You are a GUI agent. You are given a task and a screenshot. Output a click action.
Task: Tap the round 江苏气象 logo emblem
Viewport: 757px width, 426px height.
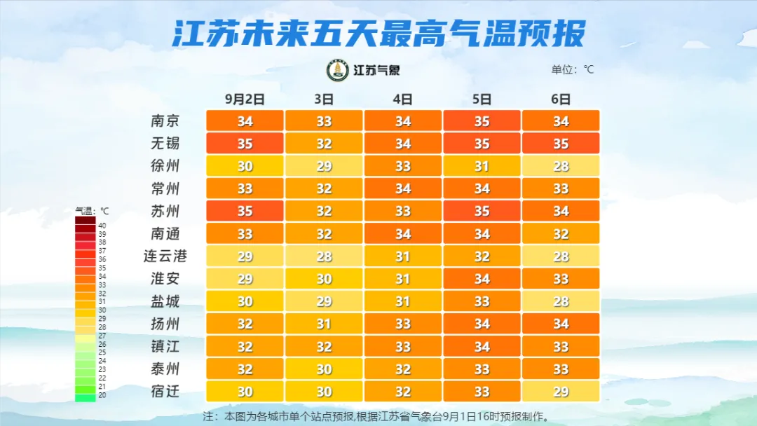pyautogui.click(x=338, y=70)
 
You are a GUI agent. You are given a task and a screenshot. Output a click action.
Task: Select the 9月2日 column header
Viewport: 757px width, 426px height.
pyautogui.click(x=244, y=99)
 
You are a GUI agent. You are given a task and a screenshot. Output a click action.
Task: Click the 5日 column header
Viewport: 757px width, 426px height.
pyautogui.click(x=482, y=99)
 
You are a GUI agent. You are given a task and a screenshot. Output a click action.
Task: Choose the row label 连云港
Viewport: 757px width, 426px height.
pyautogui.click(x=165, y=256)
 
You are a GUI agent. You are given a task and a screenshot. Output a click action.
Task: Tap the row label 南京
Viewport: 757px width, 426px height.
pyautogui.click(x=165, y=121)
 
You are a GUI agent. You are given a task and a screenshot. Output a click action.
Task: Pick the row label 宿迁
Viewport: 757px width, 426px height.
pyautogui.click(x=165, y=391)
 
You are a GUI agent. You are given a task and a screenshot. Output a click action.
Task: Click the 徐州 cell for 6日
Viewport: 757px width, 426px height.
pyautogui.click(x=561, y=166)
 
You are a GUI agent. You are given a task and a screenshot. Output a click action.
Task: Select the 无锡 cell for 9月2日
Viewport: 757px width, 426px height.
pyautogui.click(x=245, y=144)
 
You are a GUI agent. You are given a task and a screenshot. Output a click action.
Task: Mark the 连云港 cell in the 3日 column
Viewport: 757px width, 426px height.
pyautogui.click(x=324, y=256)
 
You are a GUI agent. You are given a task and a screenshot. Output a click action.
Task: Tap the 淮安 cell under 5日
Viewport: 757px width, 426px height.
pyautogui.click(x=482, y=279)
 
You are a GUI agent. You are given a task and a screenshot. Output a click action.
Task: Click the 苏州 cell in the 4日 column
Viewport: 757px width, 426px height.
pyautogui.click(x=402, y=211)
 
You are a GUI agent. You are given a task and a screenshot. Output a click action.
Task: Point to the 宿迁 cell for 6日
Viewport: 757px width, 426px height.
pyautogui.click(x=561, y=392)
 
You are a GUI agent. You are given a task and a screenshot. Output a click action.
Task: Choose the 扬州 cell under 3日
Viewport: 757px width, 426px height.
pyautogui.click(x=324, y=324)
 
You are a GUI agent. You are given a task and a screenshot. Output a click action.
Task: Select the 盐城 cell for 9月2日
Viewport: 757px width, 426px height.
pyautogui.click(x=245, y=301)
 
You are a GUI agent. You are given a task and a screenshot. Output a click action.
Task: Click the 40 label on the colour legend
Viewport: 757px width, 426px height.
pyautogui.click(x=102, y=226)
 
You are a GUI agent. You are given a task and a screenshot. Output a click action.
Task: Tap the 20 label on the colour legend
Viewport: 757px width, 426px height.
pyautogui.click(x=102, y=394)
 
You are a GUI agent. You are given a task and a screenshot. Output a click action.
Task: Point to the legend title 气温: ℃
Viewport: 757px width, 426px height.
pyautogui.click(x=93, y=210)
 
